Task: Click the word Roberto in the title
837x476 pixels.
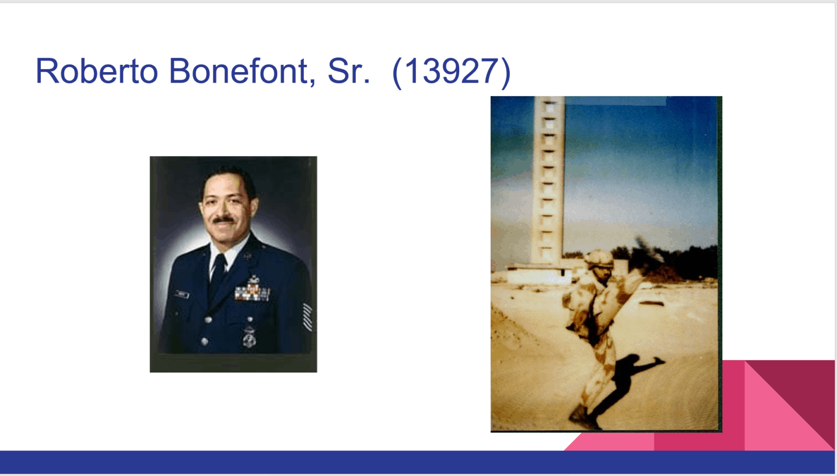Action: pyautogui.click(x=97, y=71)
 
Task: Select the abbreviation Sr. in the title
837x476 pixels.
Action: pyautogui.click(x=349, y=71)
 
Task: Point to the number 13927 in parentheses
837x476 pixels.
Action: pyautogui.click(x=451, y=71)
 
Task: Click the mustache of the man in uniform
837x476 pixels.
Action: pyautogui.click(x=224, y=220)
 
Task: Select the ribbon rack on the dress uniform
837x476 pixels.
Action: pyautogui.click(x=252, y=292)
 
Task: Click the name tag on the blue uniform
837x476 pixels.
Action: pyautogui.click(x=182, y=294)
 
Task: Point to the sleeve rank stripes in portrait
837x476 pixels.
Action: pyautogui.click(x=307, y=317)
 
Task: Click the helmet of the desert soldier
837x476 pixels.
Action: pyautogui.click(x=598, y=259)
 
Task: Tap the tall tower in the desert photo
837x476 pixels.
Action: pyautogui.click(x=548, y=181)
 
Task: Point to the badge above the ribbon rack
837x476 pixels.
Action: pyautogui.click(x=253, y=279)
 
